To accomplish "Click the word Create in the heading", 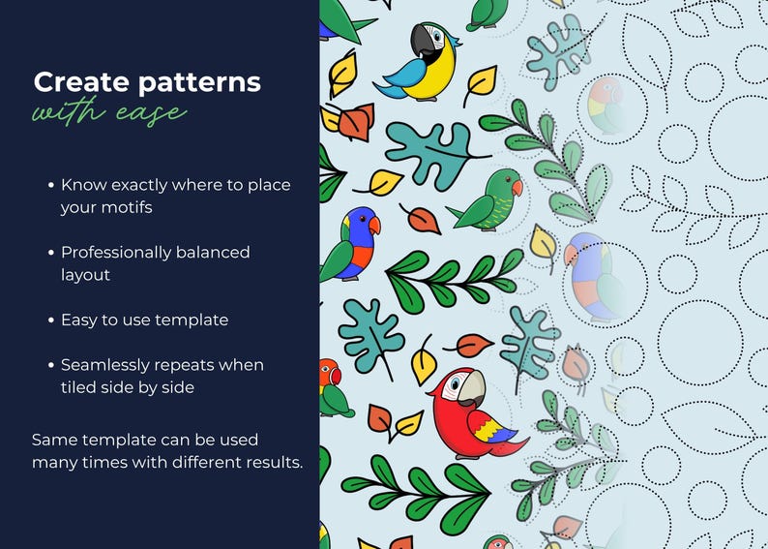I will click(68, 82).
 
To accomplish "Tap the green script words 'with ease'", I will click(108, 112).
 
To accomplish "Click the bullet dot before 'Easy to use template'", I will click(49, 320).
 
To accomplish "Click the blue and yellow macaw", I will click(422, 63).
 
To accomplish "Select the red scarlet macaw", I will click(471, 412).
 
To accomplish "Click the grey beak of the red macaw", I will click(471, 389).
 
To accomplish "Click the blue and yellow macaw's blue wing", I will click(399, 76).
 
